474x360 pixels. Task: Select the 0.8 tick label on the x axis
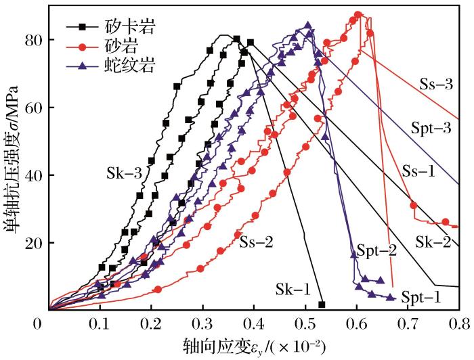click(x=458, y=323)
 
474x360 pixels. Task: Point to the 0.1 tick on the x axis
click(x=100, y=323)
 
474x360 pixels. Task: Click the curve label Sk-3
click(x=123, y=172)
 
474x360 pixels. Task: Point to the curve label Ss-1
click(x=418, y=171)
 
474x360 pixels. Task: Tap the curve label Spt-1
click(x=422, y=297)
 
